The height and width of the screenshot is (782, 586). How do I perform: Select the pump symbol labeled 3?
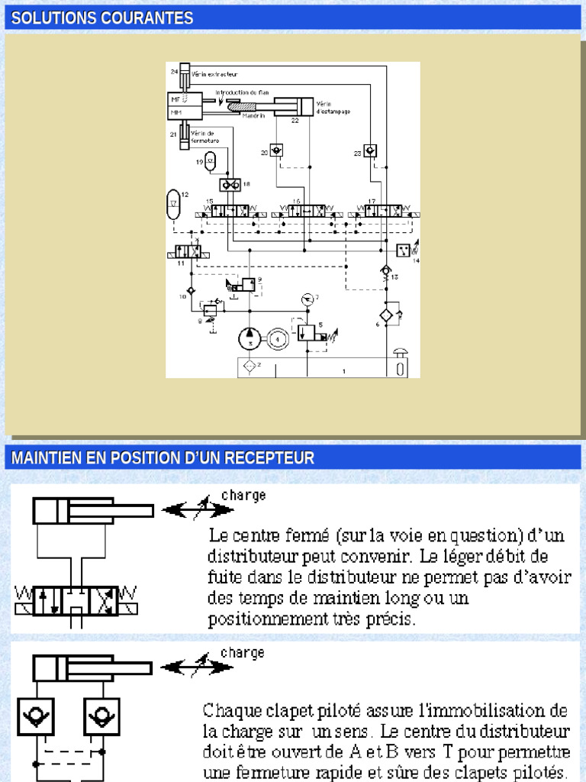tap(248, 337)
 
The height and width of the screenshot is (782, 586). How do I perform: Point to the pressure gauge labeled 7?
tap(306, 297)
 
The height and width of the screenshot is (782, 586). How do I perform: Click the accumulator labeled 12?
tap(173, 204)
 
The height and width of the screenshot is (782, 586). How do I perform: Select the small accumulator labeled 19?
tap(212, 161)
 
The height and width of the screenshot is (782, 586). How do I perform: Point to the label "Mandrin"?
tap(253, 116)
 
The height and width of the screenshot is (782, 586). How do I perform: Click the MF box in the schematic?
tap(176, 99)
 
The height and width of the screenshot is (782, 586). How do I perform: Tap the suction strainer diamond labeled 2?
tap(248, 367)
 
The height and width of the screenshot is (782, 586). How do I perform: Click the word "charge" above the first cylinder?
tap(243, 495)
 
